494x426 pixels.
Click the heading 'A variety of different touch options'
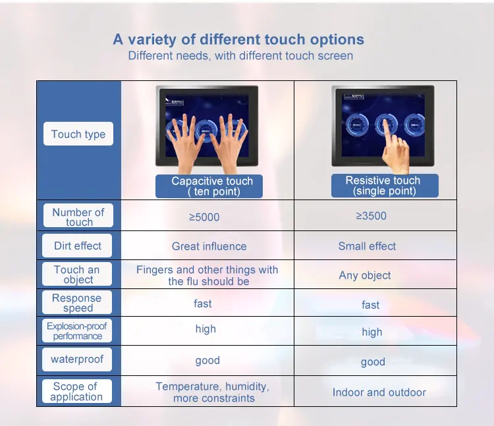click(238, 40)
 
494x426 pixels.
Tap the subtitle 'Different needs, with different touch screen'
click(240, 56)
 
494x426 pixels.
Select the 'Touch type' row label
click(78, 134)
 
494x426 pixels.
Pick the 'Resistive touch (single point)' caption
click(385, 186)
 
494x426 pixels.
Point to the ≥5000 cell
click(204, 217)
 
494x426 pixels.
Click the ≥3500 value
click(371, 216)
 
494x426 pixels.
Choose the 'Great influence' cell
click(209, 246)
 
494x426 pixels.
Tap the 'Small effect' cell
click(367, 246)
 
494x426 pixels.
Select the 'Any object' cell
click(365, 275)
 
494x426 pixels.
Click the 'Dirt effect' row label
click(77, 246)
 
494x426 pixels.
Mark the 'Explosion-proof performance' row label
click(77, 331)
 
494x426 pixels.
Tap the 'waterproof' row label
click(77, 359)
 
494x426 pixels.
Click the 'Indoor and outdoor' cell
click(379, 392)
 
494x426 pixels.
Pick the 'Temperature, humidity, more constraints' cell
click(213, 392)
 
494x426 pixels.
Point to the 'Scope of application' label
click(76, 391)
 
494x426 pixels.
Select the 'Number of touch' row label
click(78, 216)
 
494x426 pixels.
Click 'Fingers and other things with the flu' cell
click(207, 275)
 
